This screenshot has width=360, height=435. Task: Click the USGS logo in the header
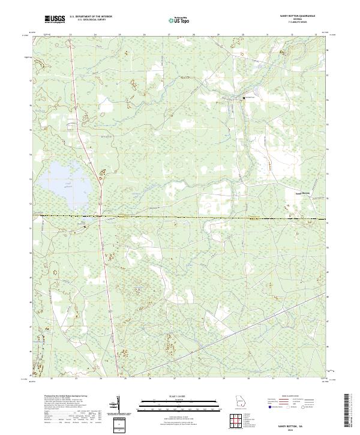tap(55, 20)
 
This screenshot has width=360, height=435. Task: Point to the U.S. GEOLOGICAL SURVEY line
tap(91, 21)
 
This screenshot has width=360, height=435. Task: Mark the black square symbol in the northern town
tap(244, 97)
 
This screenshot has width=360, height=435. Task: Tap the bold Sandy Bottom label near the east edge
tap(305, 193)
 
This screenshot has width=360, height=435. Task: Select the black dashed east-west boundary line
tap(180, 217)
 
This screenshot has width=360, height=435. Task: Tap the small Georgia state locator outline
tap(242, 401)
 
